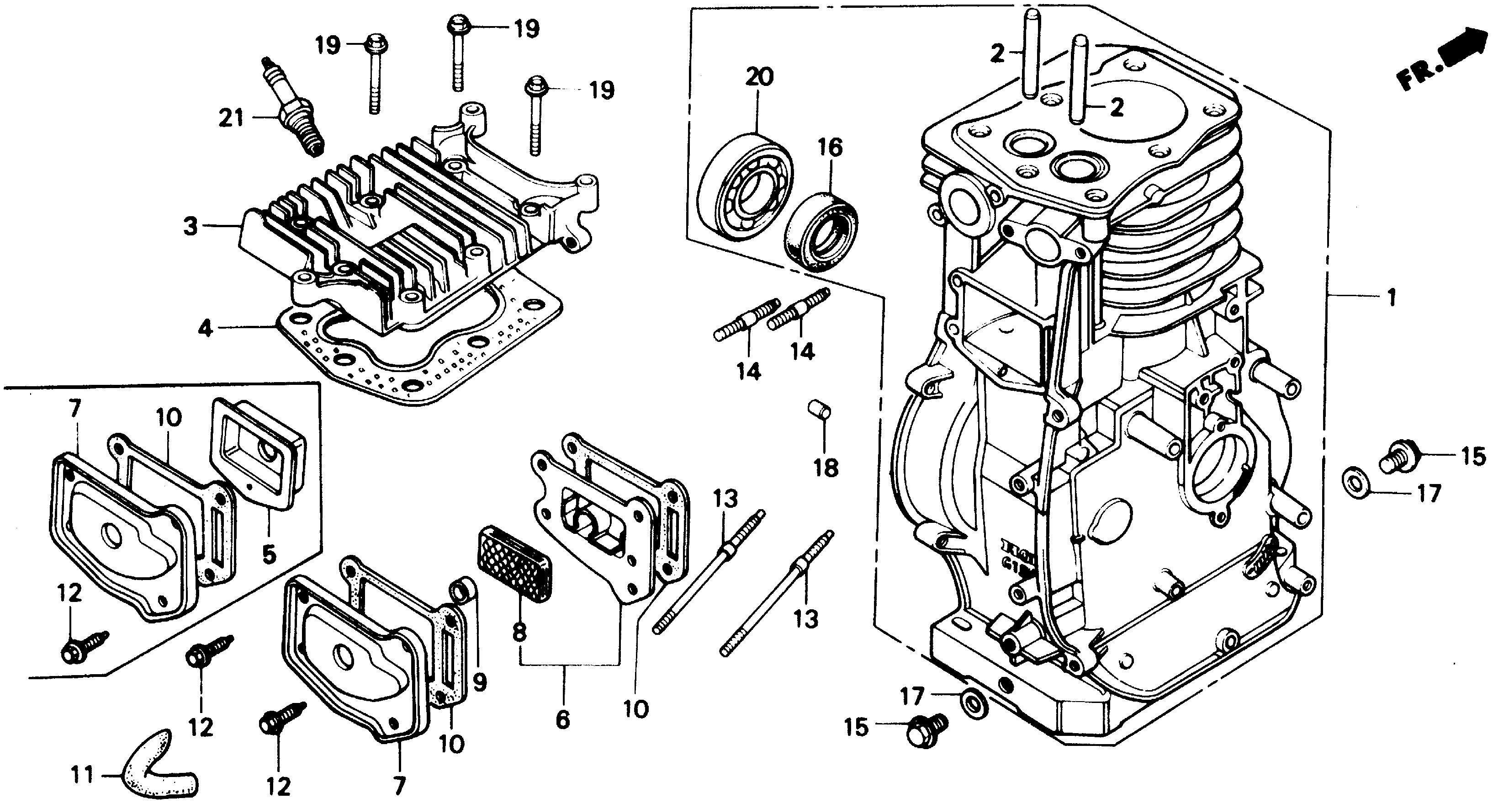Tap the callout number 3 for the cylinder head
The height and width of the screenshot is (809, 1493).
pos(191,226)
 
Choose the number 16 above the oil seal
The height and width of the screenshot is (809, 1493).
pos(830,148)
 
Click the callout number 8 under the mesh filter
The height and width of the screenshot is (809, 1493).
pos(519,632)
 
